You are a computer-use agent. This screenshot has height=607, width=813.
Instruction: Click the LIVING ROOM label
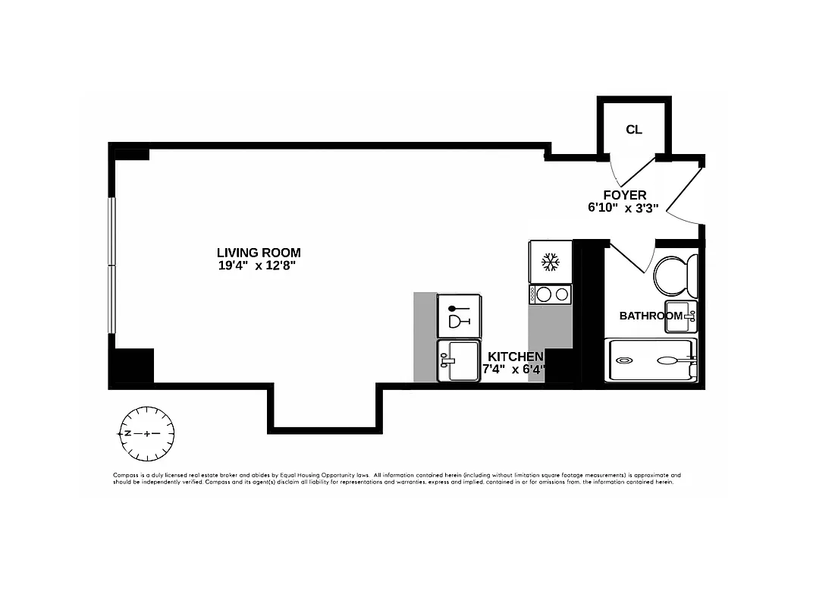pyautogui.click(x=259, y=253)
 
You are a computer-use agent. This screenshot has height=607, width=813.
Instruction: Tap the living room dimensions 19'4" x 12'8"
pyautogui.click(x=259, y=266)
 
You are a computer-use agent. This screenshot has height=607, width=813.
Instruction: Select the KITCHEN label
pyautogui.click(x=515, y=357)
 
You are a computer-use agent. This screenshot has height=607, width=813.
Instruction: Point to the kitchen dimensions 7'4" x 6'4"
pyautogui.click(x=515, y=370)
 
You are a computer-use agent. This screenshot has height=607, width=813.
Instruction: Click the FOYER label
pyautogui.click(x=625, y=195)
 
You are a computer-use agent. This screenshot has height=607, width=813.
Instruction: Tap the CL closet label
pyautogui.click(x=634, y=130)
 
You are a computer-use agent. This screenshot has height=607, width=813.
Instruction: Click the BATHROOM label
pyautogui.click(x=651, y=316)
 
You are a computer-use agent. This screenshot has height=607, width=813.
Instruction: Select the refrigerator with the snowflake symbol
pyautogui.click(x=550, y=263)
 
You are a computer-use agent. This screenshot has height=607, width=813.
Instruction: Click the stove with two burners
pyautogui.click(x=550, y=294)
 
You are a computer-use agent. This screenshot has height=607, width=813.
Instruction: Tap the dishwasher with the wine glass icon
pyautogui.click(x=459, y=316)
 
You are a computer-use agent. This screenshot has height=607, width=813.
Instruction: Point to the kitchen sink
pyautogui.click(x=459, y=360)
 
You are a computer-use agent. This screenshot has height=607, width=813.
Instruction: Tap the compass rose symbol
pyautogui.click(x=146, y=433)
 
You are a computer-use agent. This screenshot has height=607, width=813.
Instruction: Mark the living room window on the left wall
pyautogui.click(x=111, y=266)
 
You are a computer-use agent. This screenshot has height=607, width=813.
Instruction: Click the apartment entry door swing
pyautogui.click(x=685, y=194)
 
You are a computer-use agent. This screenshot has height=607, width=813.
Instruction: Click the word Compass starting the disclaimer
pyautogui.click(x=126, y=474)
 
